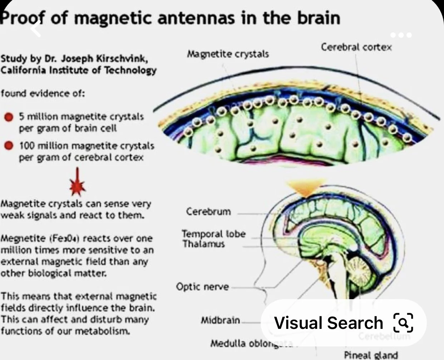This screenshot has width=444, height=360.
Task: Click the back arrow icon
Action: click(36, 29)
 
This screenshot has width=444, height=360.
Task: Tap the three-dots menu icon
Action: click(401, 35)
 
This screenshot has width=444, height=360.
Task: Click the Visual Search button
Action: click(343, 323)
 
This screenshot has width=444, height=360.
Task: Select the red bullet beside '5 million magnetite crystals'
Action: click(9, 117)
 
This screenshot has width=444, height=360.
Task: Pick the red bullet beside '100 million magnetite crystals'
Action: click(9, 146)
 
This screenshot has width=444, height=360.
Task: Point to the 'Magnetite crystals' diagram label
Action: click(228, 54)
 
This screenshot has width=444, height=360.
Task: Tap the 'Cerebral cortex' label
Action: click(356, 47)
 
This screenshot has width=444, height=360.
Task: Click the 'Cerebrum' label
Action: click(208, 211)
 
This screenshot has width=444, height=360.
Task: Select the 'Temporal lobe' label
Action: click(214, 234)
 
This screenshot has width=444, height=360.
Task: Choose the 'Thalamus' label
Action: click(203, 244)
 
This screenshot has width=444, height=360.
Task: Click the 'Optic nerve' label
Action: click(202, 287)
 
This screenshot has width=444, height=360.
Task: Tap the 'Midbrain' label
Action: click(220, 320)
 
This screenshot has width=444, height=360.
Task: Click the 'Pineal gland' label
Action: click(371, 355)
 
